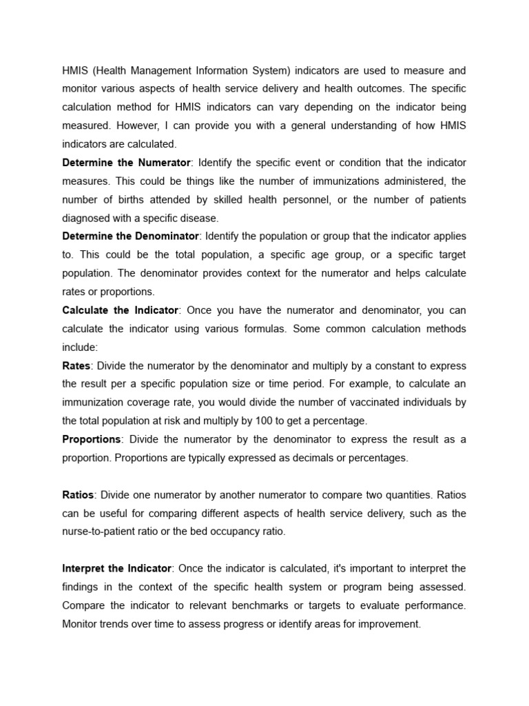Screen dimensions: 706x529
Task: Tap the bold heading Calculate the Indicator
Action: pyautogui.click(x=121, y=310)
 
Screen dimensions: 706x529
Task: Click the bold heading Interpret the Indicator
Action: pyautogui.click(x=116, y=568)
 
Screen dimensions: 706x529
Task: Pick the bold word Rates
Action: pyautogui.click(x=76, y=365)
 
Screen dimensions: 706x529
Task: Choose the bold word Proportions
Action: pyautogui.click(x=92, y=439)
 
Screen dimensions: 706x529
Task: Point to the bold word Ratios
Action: pyautogui.click(x=78, y=495)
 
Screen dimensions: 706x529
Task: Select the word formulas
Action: pyautogui.click(x=261, y=329)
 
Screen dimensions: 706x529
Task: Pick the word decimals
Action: pyautogui.click(x=307, y=458)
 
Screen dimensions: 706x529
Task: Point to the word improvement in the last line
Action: pyautogui.click(x=386, y=624)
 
